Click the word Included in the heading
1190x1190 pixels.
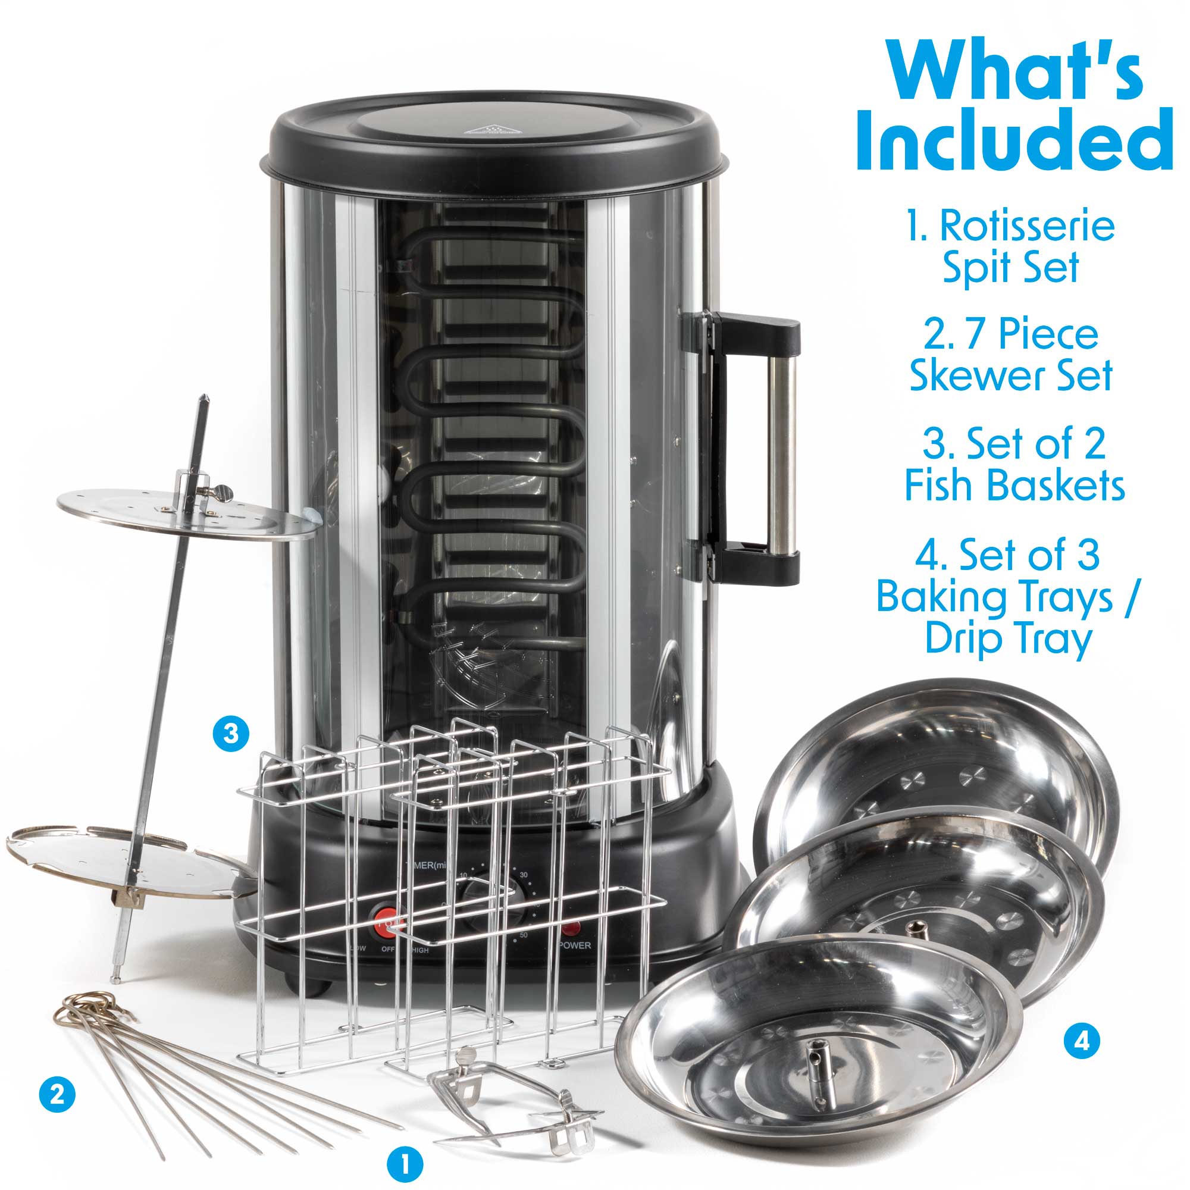click(x=1014, y=140)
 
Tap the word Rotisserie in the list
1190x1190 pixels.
click(x=1026, y=227)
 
